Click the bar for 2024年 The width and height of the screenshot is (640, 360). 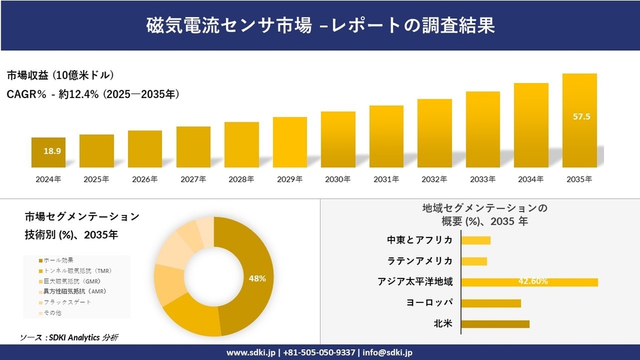48,152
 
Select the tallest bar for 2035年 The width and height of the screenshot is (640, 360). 579,120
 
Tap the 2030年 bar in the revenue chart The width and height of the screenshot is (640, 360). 338,140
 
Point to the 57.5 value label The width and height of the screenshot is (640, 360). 581,117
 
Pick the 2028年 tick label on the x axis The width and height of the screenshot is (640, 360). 241,179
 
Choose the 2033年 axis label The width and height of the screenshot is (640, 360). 483,179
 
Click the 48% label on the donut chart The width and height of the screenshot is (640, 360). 257,278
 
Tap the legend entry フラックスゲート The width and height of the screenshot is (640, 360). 67,301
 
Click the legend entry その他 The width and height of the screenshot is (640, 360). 54,312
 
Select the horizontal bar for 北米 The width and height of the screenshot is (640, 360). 495,323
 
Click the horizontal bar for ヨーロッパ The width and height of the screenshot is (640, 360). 491,303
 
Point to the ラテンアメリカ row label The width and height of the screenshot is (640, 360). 420,261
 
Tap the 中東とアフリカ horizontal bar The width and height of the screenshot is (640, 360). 476,240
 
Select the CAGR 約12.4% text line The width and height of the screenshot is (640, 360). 93,94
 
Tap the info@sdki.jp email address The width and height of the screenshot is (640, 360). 386,353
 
